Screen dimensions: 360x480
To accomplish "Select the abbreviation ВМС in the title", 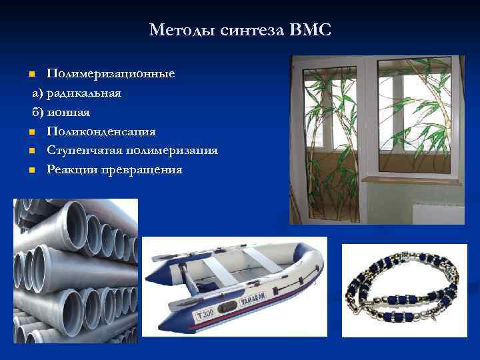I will tap(310, 30).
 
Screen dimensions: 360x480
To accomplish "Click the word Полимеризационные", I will tap(111, 73).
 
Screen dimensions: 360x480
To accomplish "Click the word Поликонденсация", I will tap(101, 131).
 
